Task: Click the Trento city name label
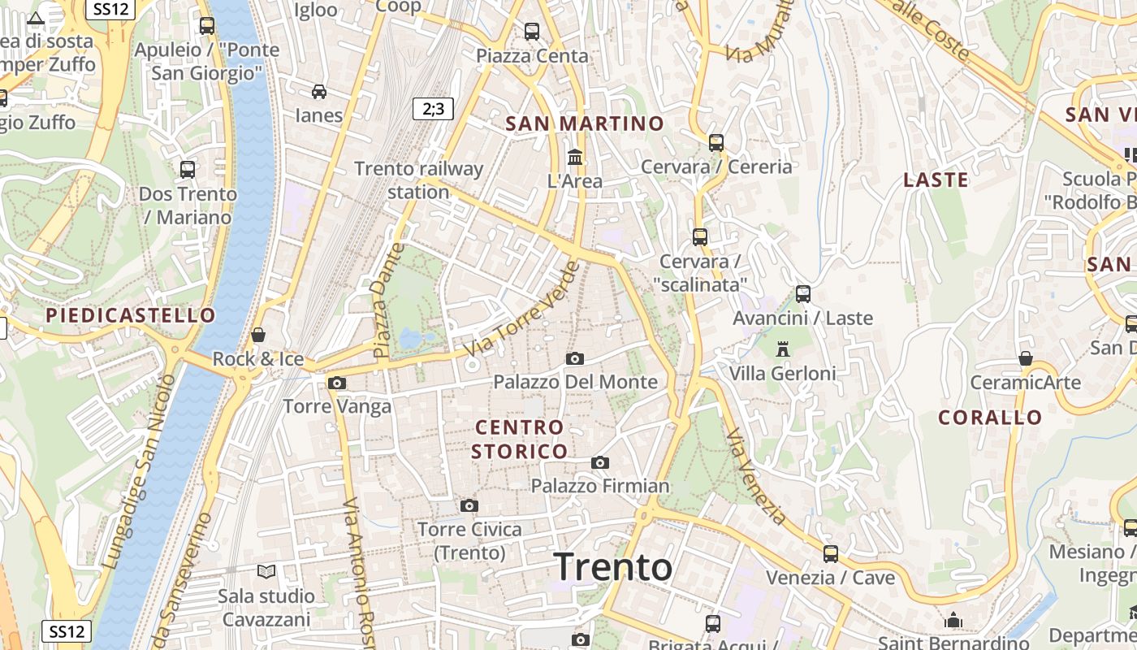[x=613, y=567]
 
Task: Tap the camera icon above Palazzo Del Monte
[x=574, y=358]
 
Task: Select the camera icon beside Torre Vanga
[x=337, y=383]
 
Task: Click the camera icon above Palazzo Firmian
[x=600, y=462]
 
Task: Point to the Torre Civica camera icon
[x=469, y=505]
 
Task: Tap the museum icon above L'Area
[x=575, y=156]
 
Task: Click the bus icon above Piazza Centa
[x=532, y=32]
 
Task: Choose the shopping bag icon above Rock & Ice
[x=258, y=335]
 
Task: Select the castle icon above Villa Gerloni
[x=783, y=349]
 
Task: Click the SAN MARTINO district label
[x=585, y=123]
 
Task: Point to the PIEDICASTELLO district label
[x=131, y=315]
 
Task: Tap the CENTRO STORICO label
[x=519, y=439]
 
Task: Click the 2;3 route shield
[x=433, y=108]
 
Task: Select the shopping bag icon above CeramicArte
[x=1026, y=358]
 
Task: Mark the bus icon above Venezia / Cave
[x=831, y=554]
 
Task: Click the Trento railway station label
[x=419, y=180]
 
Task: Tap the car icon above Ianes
[x=319, y=91]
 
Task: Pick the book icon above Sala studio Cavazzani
[x=266, y=571]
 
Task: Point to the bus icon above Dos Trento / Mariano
[x=188, y=170]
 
